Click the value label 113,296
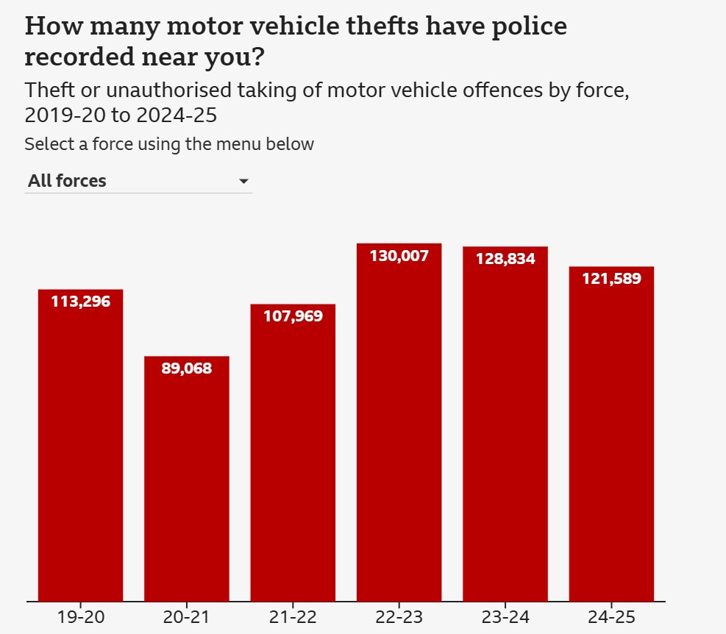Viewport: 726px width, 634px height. pyautogui.click(x=80, y=301)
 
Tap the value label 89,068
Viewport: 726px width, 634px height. pyautogui.click(x=186, y=368)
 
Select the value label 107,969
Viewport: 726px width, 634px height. pyautogui.click(x=293, y=316)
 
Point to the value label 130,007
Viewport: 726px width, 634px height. pyautogui.click(x=399, y=256)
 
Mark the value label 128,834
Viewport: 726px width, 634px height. pyautogui.click(x=505, y=259)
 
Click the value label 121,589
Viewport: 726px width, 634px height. pyautogui.click(x=611, y=279)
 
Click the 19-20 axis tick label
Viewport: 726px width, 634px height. pyautogui.click(x=80, y=616)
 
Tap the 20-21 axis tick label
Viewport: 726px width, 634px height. pyautogui.click(x=186, y=616)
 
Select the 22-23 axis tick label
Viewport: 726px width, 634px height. pyautogui.click(x=399, y=616)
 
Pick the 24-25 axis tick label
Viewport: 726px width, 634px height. pyautogui.click(x=611, y=616)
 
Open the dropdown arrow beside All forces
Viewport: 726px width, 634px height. pyautogui.click(x=244, y=182)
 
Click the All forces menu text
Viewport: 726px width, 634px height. pyautogui.click(x=67, y=181)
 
